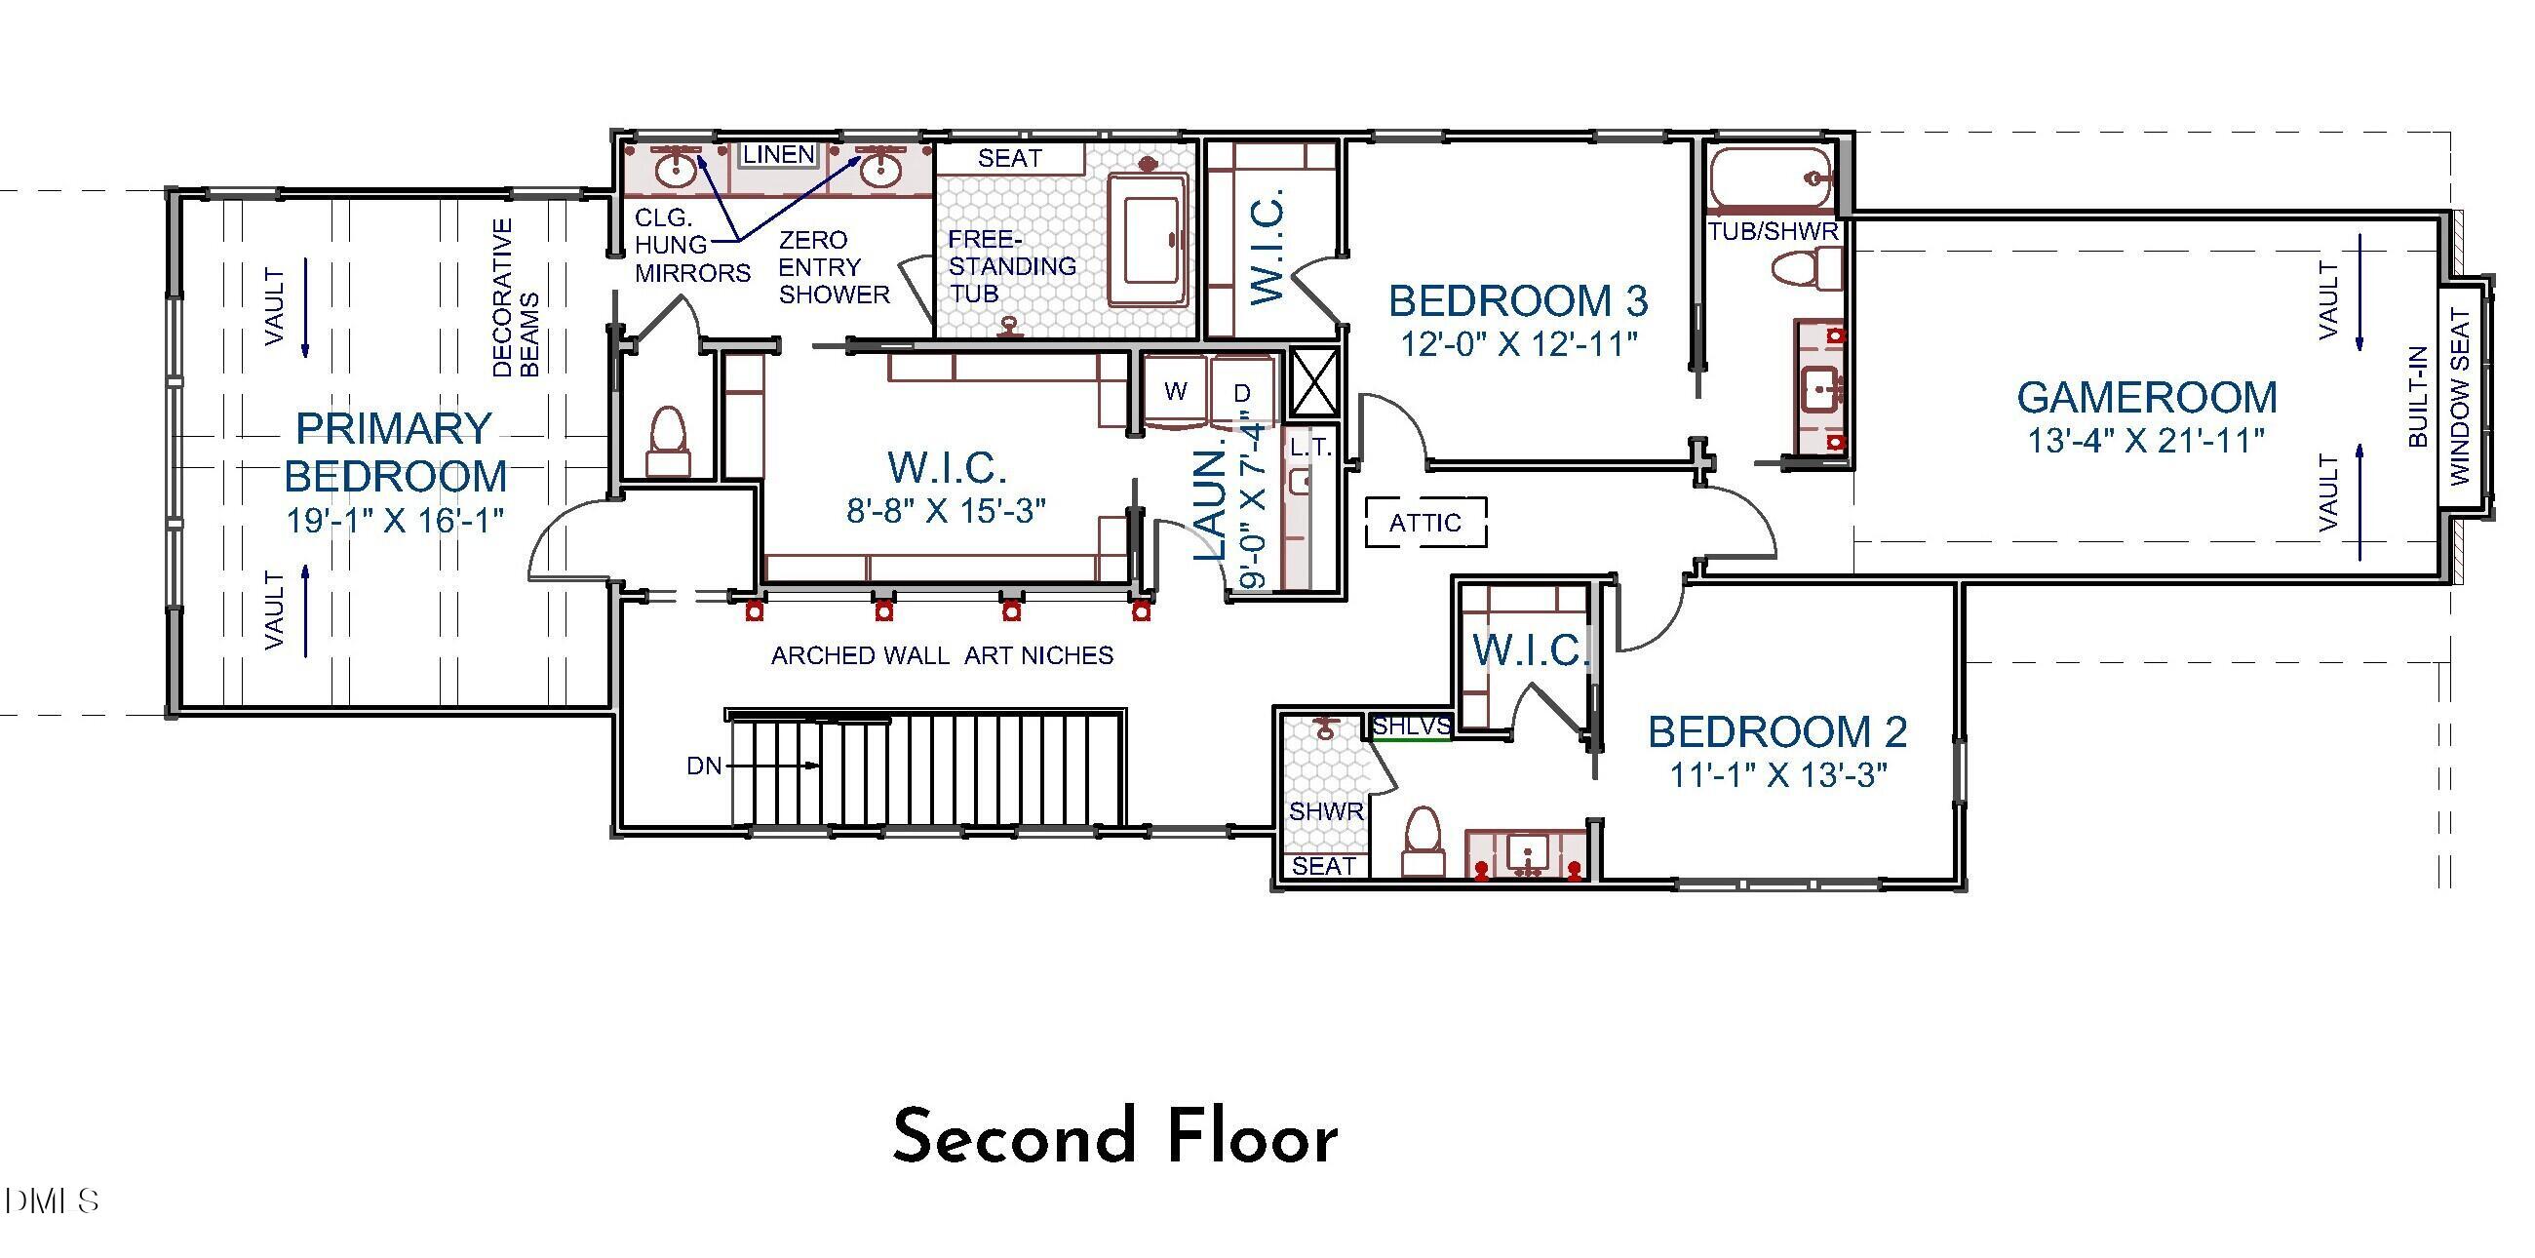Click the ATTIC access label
point(1423,523)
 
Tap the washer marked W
point(1175,392)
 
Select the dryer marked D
point(1242,394)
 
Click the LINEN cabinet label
point(778,154)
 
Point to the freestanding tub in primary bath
point(1150,240)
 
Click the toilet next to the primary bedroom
point(668,441)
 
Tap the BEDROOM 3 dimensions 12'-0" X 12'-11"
point(1518,343)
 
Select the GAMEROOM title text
point(2146,398)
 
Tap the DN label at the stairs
point(705,766)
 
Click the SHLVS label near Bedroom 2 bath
point(1411,727)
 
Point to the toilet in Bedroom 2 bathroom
point(1422,842)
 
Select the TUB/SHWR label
point(1774,232)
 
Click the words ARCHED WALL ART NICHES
point(942,655)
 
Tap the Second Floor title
point(1114,1137)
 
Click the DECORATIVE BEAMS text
point(516,298)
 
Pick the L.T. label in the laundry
point(1309,448)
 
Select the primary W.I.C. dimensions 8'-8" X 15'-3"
point(946,510)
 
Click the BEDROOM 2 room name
point(1777,732)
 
